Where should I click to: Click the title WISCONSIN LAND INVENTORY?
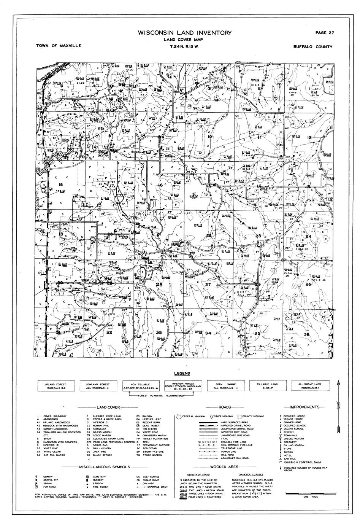coord(185,33)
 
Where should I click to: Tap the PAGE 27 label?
coord(325,33)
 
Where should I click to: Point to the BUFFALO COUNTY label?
coord(312,47)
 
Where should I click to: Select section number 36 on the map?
coord(307,334)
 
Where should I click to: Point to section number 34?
coord(208,333)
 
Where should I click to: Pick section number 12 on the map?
coord(309,137)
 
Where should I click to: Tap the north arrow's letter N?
coord(338,404)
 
